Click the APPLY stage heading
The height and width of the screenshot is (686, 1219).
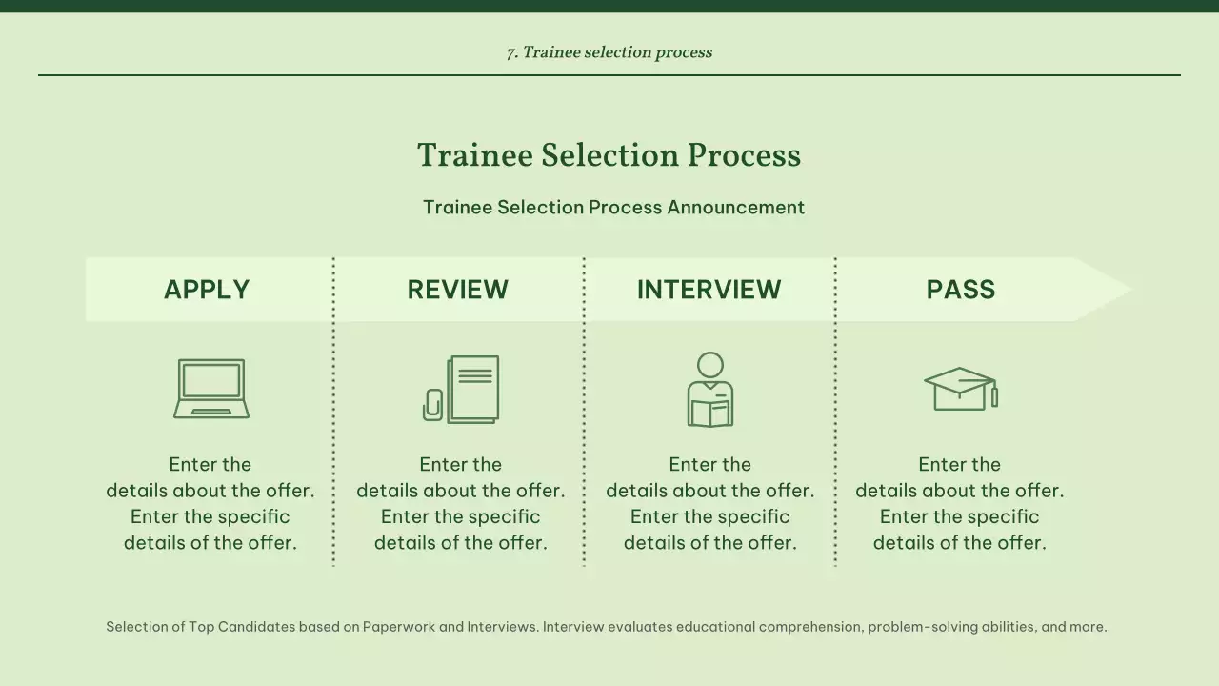tap(207, 290)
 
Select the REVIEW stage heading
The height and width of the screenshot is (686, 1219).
tap(458, 290)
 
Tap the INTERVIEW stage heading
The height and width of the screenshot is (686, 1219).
tap(709, 290)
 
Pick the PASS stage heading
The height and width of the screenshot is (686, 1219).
tap(961, 290)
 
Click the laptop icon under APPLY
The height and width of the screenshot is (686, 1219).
tap(211, 389)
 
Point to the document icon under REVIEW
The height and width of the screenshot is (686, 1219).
tap(471, 389)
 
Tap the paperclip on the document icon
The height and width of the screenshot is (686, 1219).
tap(433, 404)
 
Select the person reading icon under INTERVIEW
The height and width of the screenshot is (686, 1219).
tap(710, 391)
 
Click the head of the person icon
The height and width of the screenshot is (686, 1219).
tap(710, 365)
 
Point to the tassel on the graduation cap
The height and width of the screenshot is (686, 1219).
tap(994, 395)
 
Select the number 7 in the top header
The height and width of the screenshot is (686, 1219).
tap(510, 53)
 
